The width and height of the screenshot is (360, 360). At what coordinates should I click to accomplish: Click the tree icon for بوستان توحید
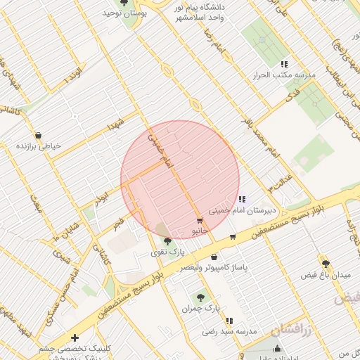pos(124,3)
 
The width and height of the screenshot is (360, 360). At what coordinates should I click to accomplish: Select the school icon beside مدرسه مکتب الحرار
pos(285,63)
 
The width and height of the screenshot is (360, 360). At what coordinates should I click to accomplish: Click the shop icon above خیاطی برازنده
pos(39,136)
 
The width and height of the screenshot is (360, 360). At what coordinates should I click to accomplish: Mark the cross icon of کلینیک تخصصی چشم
pos(75,338)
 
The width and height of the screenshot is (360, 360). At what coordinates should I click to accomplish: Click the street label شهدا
pos(115,125)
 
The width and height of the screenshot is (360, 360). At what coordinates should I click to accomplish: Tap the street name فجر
pos(119,223)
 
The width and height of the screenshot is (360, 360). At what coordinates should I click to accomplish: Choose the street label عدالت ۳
pos(280,183)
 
